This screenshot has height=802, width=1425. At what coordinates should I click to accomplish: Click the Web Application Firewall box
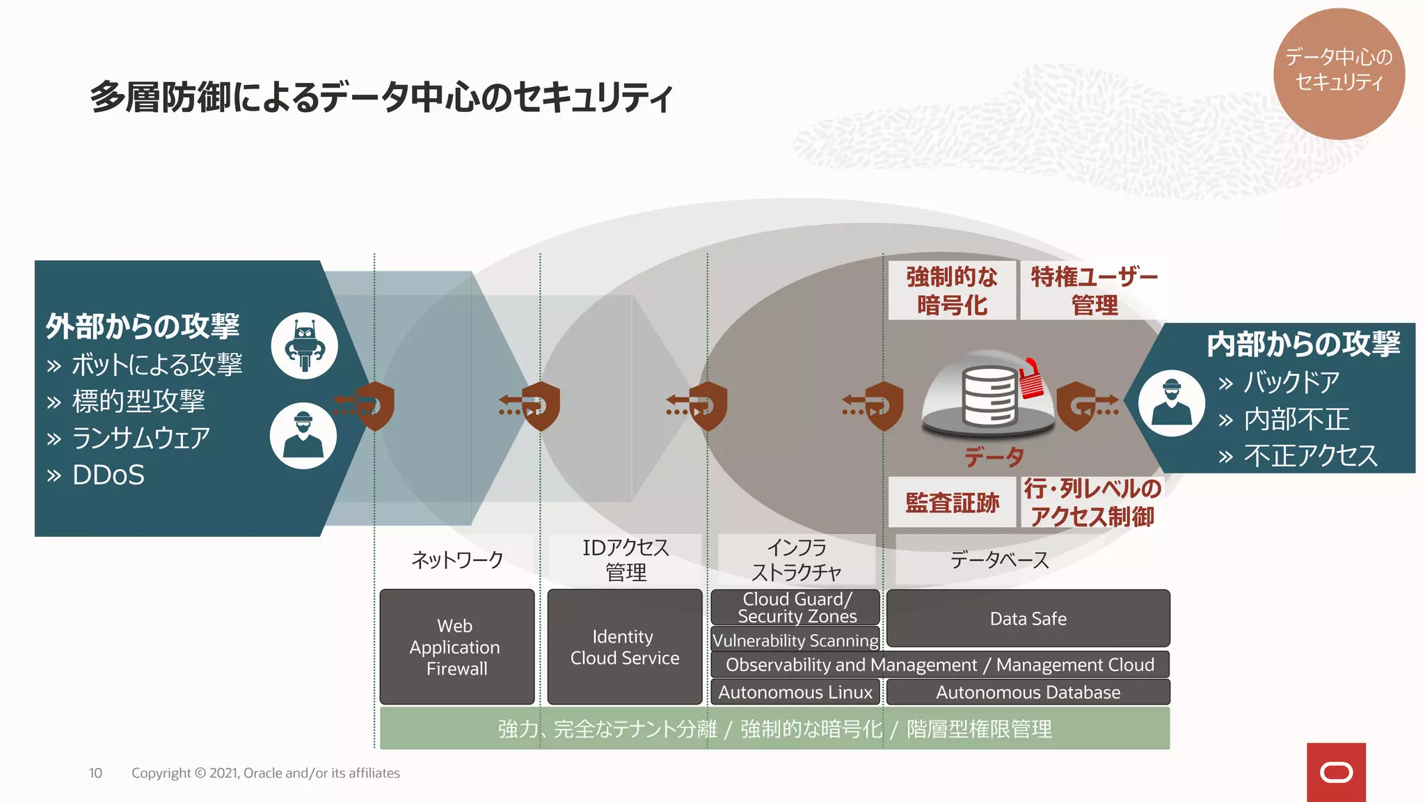[457, 647]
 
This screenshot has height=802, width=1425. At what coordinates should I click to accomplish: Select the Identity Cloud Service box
[625, 647]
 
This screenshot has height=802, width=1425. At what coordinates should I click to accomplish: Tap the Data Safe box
[1028, 618]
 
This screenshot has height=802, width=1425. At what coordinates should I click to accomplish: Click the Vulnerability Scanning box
[795, 640]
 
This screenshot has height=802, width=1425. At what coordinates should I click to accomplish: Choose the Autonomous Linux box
[795, 692]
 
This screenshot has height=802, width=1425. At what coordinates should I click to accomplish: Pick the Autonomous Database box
[1028, 692]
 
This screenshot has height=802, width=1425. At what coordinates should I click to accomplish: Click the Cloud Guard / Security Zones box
[795, 607]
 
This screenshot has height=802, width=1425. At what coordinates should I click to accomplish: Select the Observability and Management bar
[939, 665]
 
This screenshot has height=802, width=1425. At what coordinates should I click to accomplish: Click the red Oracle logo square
[1336, 772]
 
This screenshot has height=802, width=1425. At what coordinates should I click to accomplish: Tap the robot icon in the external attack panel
[305, 345]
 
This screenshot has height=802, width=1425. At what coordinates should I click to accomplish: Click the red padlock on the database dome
[1031, 379]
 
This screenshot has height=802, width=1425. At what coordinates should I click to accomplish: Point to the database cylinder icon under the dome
[989, 396]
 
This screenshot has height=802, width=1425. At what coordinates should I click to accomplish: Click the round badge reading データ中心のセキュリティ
[1339, 73]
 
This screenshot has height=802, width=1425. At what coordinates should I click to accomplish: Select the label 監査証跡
[952, 502]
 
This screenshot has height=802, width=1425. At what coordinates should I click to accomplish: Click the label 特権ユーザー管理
[1094, 291]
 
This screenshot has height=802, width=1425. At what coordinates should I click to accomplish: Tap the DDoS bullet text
[109, 475]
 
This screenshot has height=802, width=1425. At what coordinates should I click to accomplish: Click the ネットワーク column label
[457, 560]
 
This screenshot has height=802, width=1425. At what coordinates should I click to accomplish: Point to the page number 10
[95, 773]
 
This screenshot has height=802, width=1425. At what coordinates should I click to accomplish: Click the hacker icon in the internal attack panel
[1172, 403]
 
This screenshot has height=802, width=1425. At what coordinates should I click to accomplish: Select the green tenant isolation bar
[774, 729]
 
